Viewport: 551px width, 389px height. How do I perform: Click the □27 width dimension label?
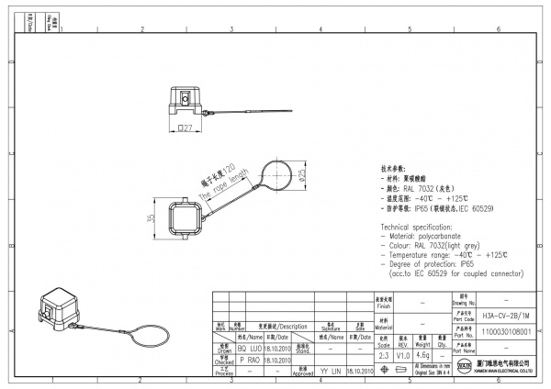(x=184, y=129)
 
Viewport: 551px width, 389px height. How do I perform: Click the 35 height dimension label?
(x=150, y=219)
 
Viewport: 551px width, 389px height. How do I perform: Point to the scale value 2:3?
(x=384, y=354)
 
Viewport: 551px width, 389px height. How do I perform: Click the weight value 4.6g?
(x=423, y=354)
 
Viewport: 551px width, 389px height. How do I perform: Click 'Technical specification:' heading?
(x=421, y=226)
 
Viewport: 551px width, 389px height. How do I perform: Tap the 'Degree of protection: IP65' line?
(x=428, y=263)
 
